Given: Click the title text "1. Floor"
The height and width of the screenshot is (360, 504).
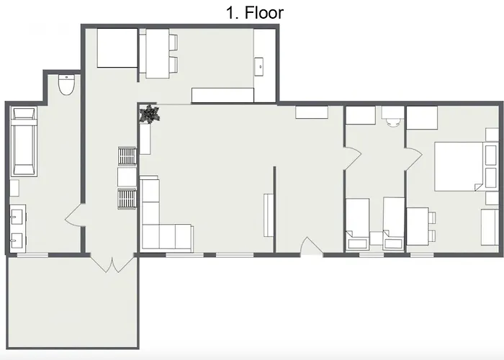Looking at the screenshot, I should click(256, 12).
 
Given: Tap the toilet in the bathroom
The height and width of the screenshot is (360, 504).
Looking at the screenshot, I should click(67, 86).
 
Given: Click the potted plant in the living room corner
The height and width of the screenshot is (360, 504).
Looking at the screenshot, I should click(150, 113).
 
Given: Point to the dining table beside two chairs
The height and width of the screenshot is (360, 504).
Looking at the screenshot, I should click(156, 54).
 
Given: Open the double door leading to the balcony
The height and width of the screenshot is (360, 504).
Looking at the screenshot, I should click(111, 263).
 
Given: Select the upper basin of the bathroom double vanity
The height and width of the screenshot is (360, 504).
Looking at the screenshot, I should click(15, 214).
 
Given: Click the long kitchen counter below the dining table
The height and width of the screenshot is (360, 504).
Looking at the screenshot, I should click(222, 95).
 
